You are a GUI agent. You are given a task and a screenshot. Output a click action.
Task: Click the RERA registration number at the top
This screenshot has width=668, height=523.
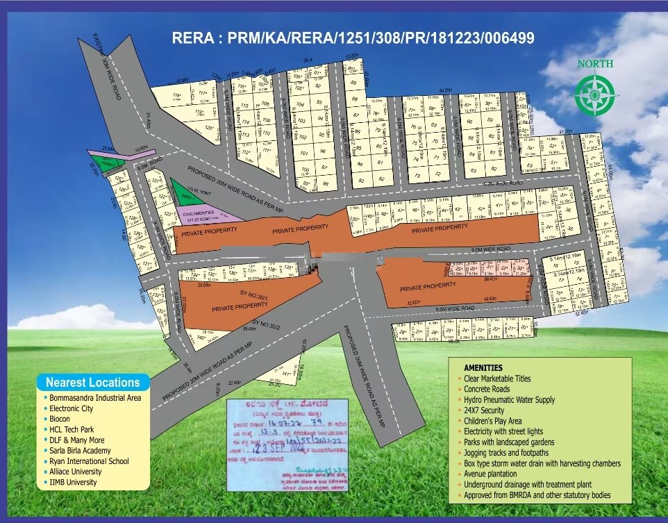353,38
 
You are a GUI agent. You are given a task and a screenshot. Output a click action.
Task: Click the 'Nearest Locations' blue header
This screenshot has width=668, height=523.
92,382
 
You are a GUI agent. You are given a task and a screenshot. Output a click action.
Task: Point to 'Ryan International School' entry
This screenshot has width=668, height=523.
88,460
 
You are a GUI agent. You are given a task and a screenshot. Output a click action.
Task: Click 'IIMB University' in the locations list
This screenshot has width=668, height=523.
73,482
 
